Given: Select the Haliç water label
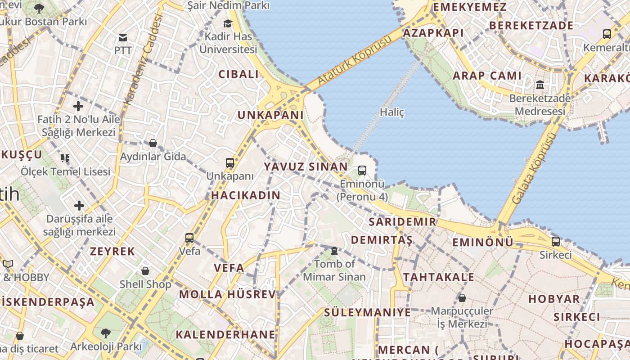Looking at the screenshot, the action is click(392, 112).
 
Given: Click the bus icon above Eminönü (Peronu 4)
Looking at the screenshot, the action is click(362, 171).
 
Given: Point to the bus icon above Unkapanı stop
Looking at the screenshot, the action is click(230, 163).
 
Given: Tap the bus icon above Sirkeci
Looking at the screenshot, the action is click(556, 242).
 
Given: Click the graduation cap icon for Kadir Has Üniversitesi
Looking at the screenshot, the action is click(228, 23).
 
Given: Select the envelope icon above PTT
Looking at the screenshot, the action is click(122, 37).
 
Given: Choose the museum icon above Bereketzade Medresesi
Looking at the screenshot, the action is click(540, 85).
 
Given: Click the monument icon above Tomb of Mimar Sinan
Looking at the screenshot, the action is click(334, 251).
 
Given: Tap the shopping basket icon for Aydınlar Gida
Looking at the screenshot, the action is click(153, 143).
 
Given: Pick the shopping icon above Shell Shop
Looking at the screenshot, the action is click(145, 271).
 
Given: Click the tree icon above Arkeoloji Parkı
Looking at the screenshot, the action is click(106, 333).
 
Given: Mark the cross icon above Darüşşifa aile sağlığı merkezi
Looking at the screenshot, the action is click(79, 206).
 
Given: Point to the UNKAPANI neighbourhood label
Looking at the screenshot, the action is click(270, 115).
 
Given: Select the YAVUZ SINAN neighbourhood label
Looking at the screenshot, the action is click(306, 167).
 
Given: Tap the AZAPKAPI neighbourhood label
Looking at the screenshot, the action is click(433, 33).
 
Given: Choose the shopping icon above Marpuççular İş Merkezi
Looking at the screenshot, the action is click(462, 298).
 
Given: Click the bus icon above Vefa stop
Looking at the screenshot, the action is click(189, 238).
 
